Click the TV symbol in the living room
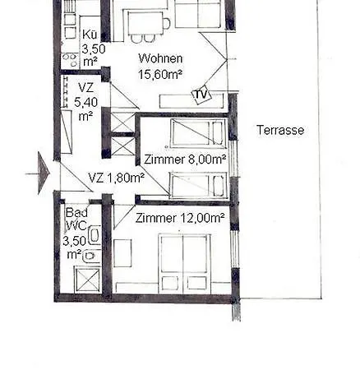[201, 95]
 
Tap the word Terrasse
[280, 130]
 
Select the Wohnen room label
[161, 59]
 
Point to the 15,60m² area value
[161, 74]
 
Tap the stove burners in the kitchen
[70, 60]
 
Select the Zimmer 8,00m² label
[184, 160]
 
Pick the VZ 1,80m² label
[116, 177]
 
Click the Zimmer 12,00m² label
[168, 218]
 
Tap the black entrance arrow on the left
[44, 175]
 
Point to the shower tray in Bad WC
[86, 280]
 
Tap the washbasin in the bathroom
[90, 256]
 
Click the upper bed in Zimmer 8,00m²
[196, 132]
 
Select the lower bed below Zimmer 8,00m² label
[197, 185]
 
